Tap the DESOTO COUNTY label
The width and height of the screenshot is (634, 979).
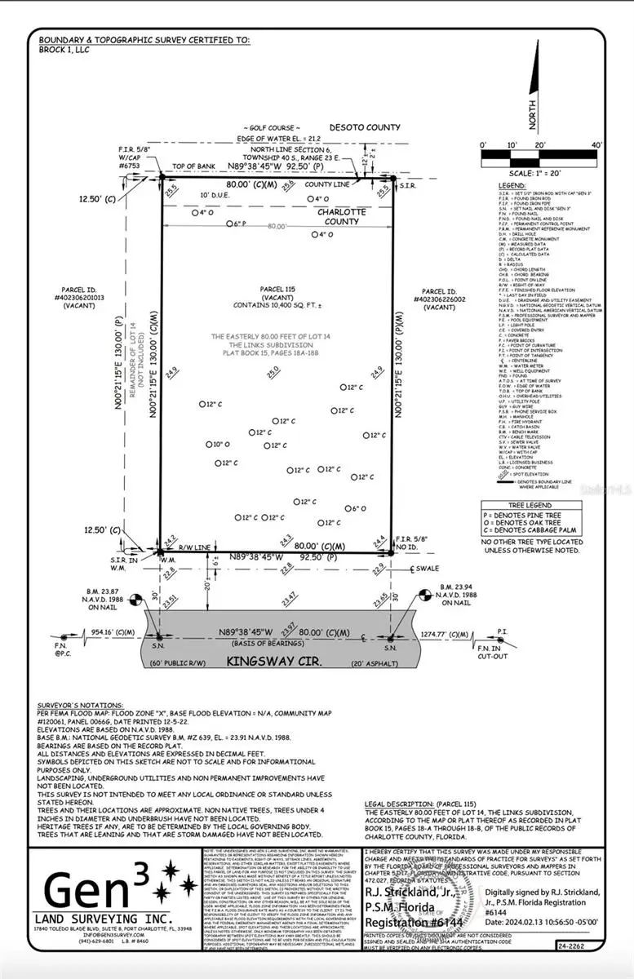[365, 127]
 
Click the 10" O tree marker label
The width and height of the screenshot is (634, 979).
[219, 445]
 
